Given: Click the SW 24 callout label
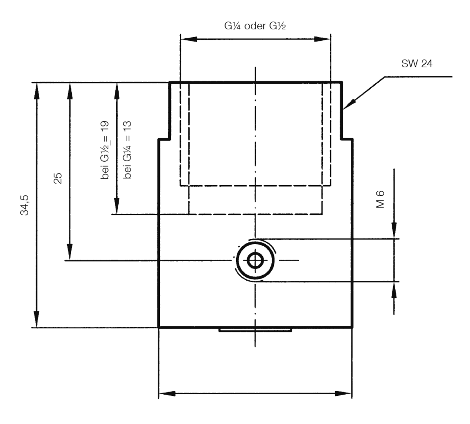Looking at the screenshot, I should [417, 64].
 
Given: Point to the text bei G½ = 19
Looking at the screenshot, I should [105, 151].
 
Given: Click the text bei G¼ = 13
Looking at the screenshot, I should [127, 150].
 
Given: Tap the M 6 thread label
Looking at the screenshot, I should [380, 199].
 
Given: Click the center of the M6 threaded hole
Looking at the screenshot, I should [255, 260].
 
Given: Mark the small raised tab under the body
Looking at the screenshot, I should [255, 330].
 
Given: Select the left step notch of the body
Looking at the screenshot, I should [164, 138].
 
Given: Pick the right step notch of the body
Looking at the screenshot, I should [347, 138].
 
